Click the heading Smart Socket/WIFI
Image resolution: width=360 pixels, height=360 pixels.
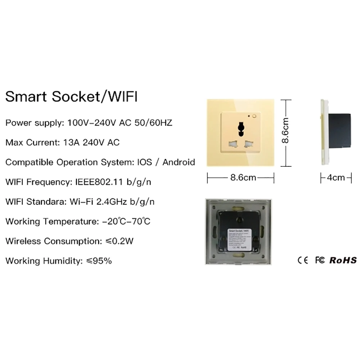coord(71,98)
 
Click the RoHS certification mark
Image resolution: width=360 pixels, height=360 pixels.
coord(343,260)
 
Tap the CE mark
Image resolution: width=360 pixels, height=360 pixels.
coord(303,260)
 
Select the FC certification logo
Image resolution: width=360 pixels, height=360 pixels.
coord(320,260)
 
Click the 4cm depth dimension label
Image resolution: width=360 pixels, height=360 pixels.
coord(336,177)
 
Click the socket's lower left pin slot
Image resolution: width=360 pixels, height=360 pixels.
coord(232,145)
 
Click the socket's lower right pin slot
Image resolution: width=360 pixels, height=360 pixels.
coord(248,145)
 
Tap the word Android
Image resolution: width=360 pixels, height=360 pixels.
coord(179,162)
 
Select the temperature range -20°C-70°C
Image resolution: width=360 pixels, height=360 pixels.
coord(126,221)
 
